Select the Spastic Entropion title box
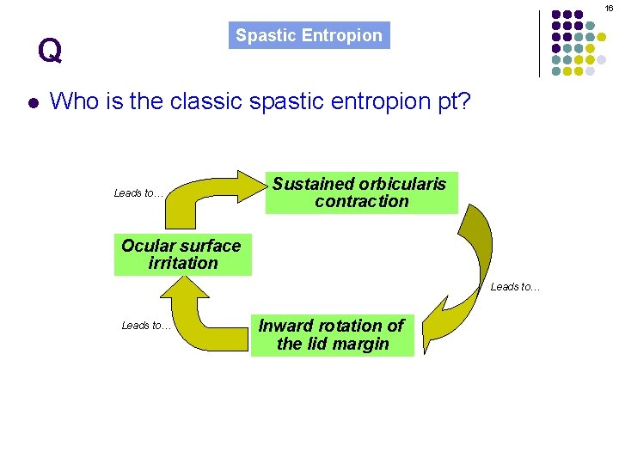tap(309, 36)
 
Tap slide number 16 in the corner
tap(608, 8)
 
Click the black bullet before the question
tap(32, 103)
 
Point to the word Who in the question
tap(74, 101)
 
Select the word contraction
tap(362, 202)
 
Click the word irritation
tap(183, 264)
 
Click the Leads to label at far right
tap(516, 287)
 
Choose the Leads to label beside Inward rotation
tap(147, 326)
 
